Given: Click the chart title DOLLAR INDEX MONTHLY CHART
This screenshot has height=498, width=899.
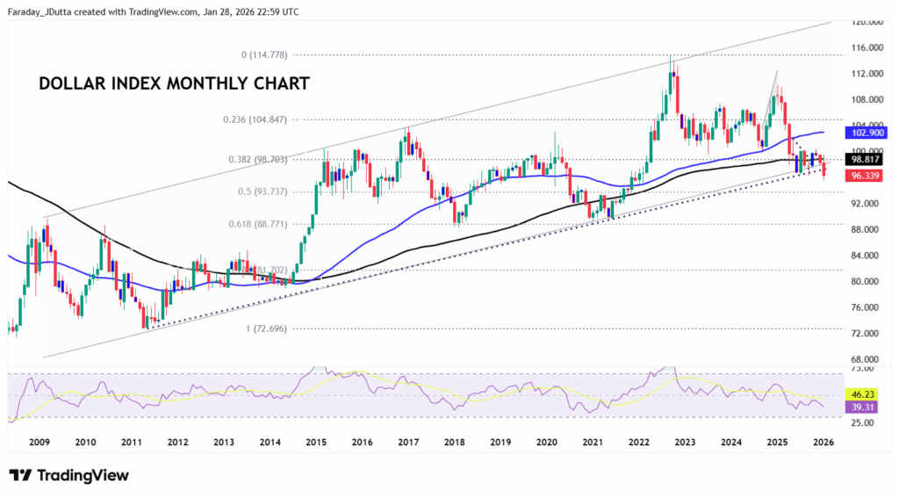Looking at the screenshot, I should coord(174,84).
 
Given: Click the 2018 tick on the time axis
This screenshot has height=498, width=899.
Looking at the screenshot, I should coord(454,442).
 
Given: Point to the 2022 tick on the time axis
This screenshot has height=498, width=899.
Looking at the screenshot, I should coord(638,442).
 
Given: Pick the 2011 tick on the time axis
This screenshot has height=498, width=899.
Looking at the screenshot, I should coord(132,442).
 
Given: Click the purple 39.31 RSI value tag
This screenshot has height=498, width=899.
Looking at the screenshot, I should coord(865,408).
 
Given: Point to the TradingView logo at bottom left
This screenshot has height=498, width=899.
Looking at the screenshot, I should coord(69,475).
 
